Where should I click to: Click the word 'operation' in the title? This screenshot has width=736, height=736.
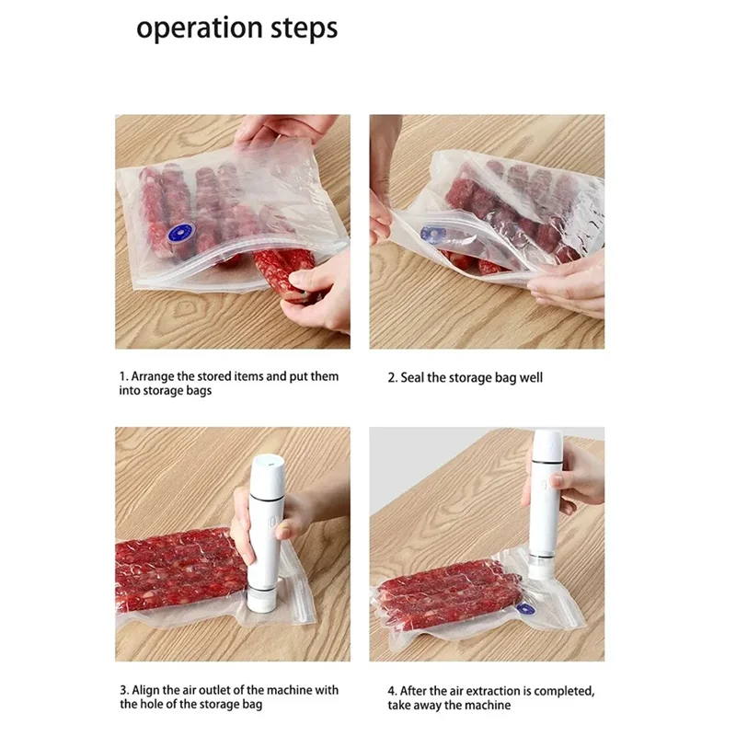click(x=200, y=29)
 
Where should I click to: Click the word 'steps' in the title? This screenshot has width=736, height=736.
click(x=305, y=29)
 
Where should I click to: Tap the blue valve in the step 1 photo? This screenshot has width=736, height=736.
click(x=182, y=233)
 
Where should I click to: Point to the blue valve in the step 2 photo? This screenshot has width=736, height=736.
click(x=431, y=234)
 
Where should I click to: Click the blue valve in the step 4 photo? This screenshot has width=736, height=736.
click(x=525, y=609)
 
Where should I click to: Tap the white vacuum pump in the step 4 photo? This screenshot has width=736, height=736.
click(x=546, y=504)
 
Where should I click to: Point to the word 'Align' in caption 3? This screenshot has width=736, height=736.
click(x=146, y=691)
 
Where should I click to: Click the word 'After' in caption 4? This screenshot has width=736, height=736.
click(x=412, y=692)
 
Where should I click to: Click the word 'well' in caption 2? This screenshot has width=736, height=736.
click(x=531, y=378)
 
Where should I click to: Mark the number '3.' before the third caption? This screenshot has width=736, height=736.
click(x=124, y=691)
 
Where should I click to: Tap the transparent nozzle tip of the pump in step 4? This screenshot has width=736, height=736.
click(x=542, y=569)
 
